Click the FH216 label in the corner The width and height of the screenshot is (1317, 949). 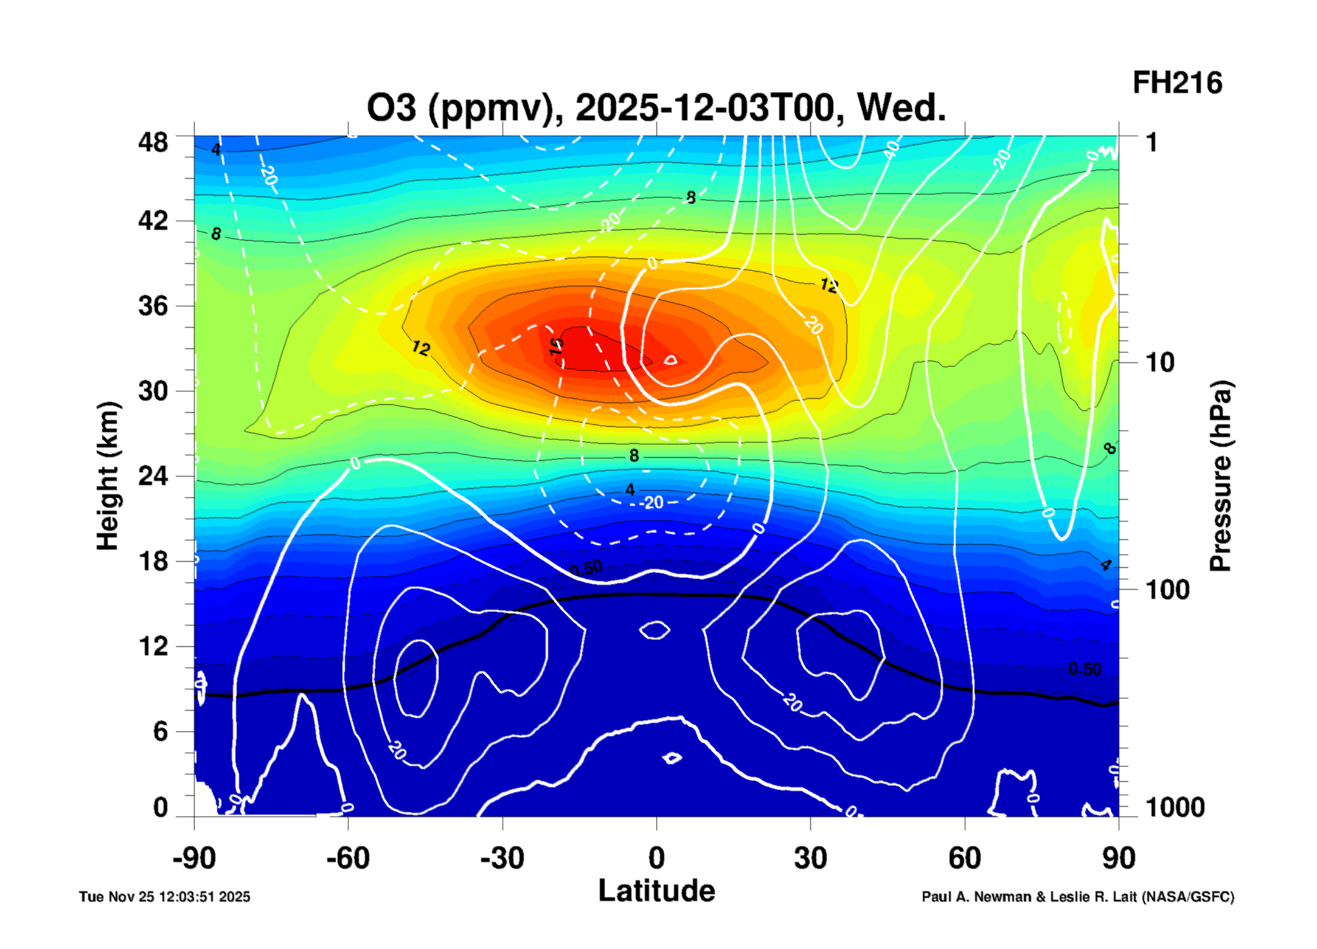click(1176, 83)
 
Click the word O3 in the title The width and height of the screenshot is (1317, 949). click(391, 108)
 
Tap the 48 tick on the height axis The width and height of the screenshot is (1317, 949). click(153, 143)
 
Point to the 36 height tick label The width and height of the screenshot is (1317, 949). click(153, 306)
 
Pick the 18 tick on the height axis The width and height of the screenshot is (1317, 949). click(153, 561)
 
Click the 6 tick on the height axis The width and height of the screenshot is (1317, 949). click(160, 731)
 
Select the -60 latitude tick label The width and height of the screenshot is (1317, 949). click(347, 858)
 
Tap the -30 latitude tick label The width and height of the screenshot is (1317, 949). click(502, 858)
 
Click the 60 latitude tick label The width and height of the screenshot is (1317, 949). click(964, 858)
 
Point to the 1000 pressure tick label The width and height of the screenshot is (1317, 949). click(1175, 807)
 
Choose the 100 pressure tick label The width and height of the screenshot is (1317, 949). click(1167, 590)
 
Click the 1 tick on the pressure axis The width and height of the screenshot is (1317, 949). click(1151, 143)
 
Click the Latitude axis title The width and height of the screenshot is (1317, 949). click(656, 891)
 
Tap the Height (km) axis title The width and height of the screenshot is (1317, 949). click(108, 476)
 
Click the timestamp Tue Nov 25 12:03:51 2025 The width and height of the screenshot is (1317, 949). click(164, 897)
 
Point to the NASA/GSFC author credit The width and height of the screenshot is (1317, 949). click(1077, 897)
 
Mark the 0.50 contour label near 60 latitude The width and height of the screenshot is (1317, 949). click(1085, 669)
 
